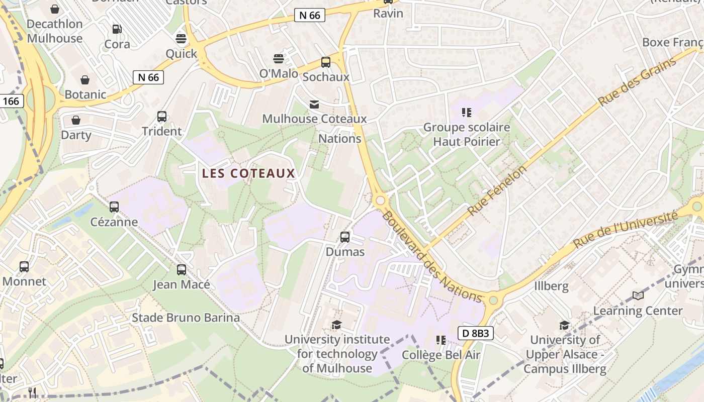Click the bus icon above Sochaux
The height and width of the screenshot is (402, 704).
click(326, 62)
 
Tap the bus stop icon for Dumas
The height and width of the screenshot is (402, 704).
click(345, 237)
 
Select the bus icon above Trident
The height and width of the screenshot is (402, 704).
click(162, 117)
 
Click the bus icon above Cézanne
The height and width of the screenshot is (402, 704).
click(114, 207)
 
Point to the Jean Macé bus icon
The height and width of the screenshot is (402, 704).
click(182, 270)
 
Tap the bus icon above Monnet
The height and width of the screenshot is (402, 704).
click(24, 267)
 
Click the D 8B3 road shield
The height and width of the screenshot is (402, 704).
click(475, 333)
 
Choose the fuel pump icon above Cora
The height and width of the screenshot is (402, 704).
click(117, 29)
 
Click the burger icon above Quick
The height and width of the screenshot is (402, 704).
click(181, 39)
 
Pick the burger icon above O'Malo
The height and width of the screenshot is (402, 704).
click(279, 59)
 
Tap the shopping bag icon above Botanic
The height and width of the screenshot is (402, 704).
click(85, 80)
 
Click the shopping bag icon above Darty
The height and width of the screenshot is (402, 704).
click(76, 120)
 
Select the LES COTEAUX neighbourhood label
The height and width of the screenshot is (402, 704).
click(248, 173)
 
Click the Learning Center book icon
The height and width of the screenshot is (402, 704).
click(638, 296)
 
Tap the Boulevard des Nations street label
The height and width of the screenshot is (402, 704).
click(432, 257)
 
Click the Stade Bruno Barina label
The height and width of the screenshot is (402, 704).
click(186, 318)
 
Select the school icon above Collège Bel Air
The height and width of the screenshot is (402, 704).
click(441, 340)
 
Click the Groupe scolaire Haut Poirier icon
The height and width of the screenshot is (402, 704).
click(467, 112)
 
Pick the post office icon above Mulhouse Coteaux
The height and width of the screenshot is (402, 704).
click(314, 104)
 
